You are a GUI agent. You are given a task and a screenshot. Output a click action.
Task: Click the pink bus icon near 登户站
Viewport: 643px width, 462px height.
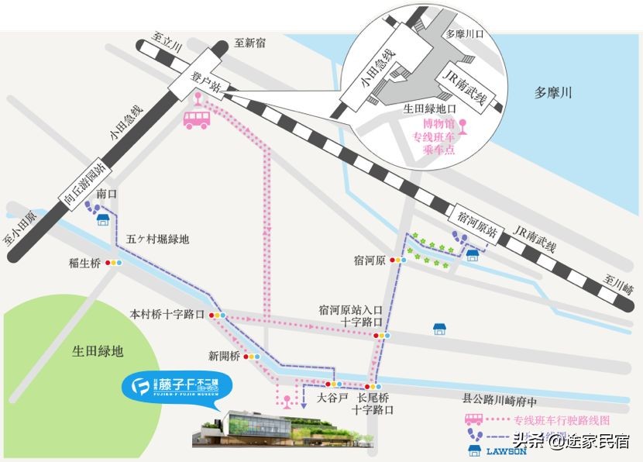pyautogui.click(x=195, y=119)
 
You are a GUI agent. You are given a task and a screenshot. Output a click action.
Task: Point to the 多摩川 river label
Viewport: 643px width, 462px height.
pyautogui.click(x=553, y=93)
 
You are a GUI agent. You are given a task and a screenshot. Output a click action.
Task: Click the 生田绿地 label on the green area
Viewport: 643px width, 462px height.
pyautogui.click(x=97, y=350)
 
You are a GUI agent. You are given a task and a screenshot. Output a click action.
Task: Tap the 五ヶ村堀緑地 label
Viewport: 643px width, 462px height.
pyautogui.click(x=158, y=239)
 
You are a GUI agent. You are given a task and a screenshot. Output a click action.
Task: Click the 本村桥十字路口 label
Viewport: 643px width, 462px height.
pyautogui.click(x=167, y=315)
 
